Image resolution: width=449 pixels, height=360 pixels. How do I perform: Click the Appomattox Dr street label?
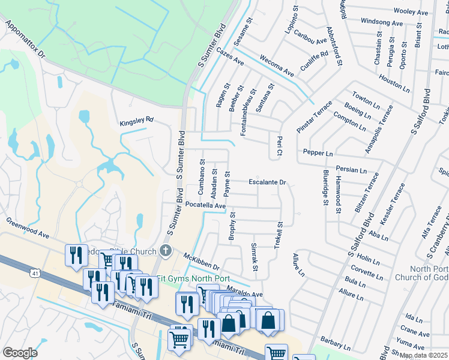pos(25,40)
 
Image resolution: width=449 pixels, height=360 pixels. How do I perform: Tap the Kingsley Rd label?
pos(137,120)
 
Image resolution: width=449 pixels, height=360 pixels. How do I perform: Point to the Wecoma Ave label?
pos(276,66)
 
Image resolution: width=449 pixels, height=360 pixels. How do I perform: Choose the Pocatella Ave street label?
pos(205,205)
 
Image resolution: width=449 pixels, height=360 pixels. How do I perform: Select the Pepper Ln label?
pos(318,153)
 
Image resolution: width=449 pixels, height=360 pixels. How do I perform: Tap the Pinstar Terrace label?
pos(314,117)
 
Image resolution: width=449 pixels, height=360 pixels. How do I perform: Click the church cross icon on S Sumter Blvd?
pos(166,251)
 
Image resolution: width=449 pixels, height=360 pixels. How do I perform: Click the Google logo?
pos(20,353)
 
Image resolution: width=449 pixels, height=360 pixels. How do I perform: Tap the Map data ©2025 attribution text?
pos(424,356)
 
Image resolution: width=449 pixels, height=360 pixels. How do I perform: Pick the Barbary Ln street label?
pos(335,343)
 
